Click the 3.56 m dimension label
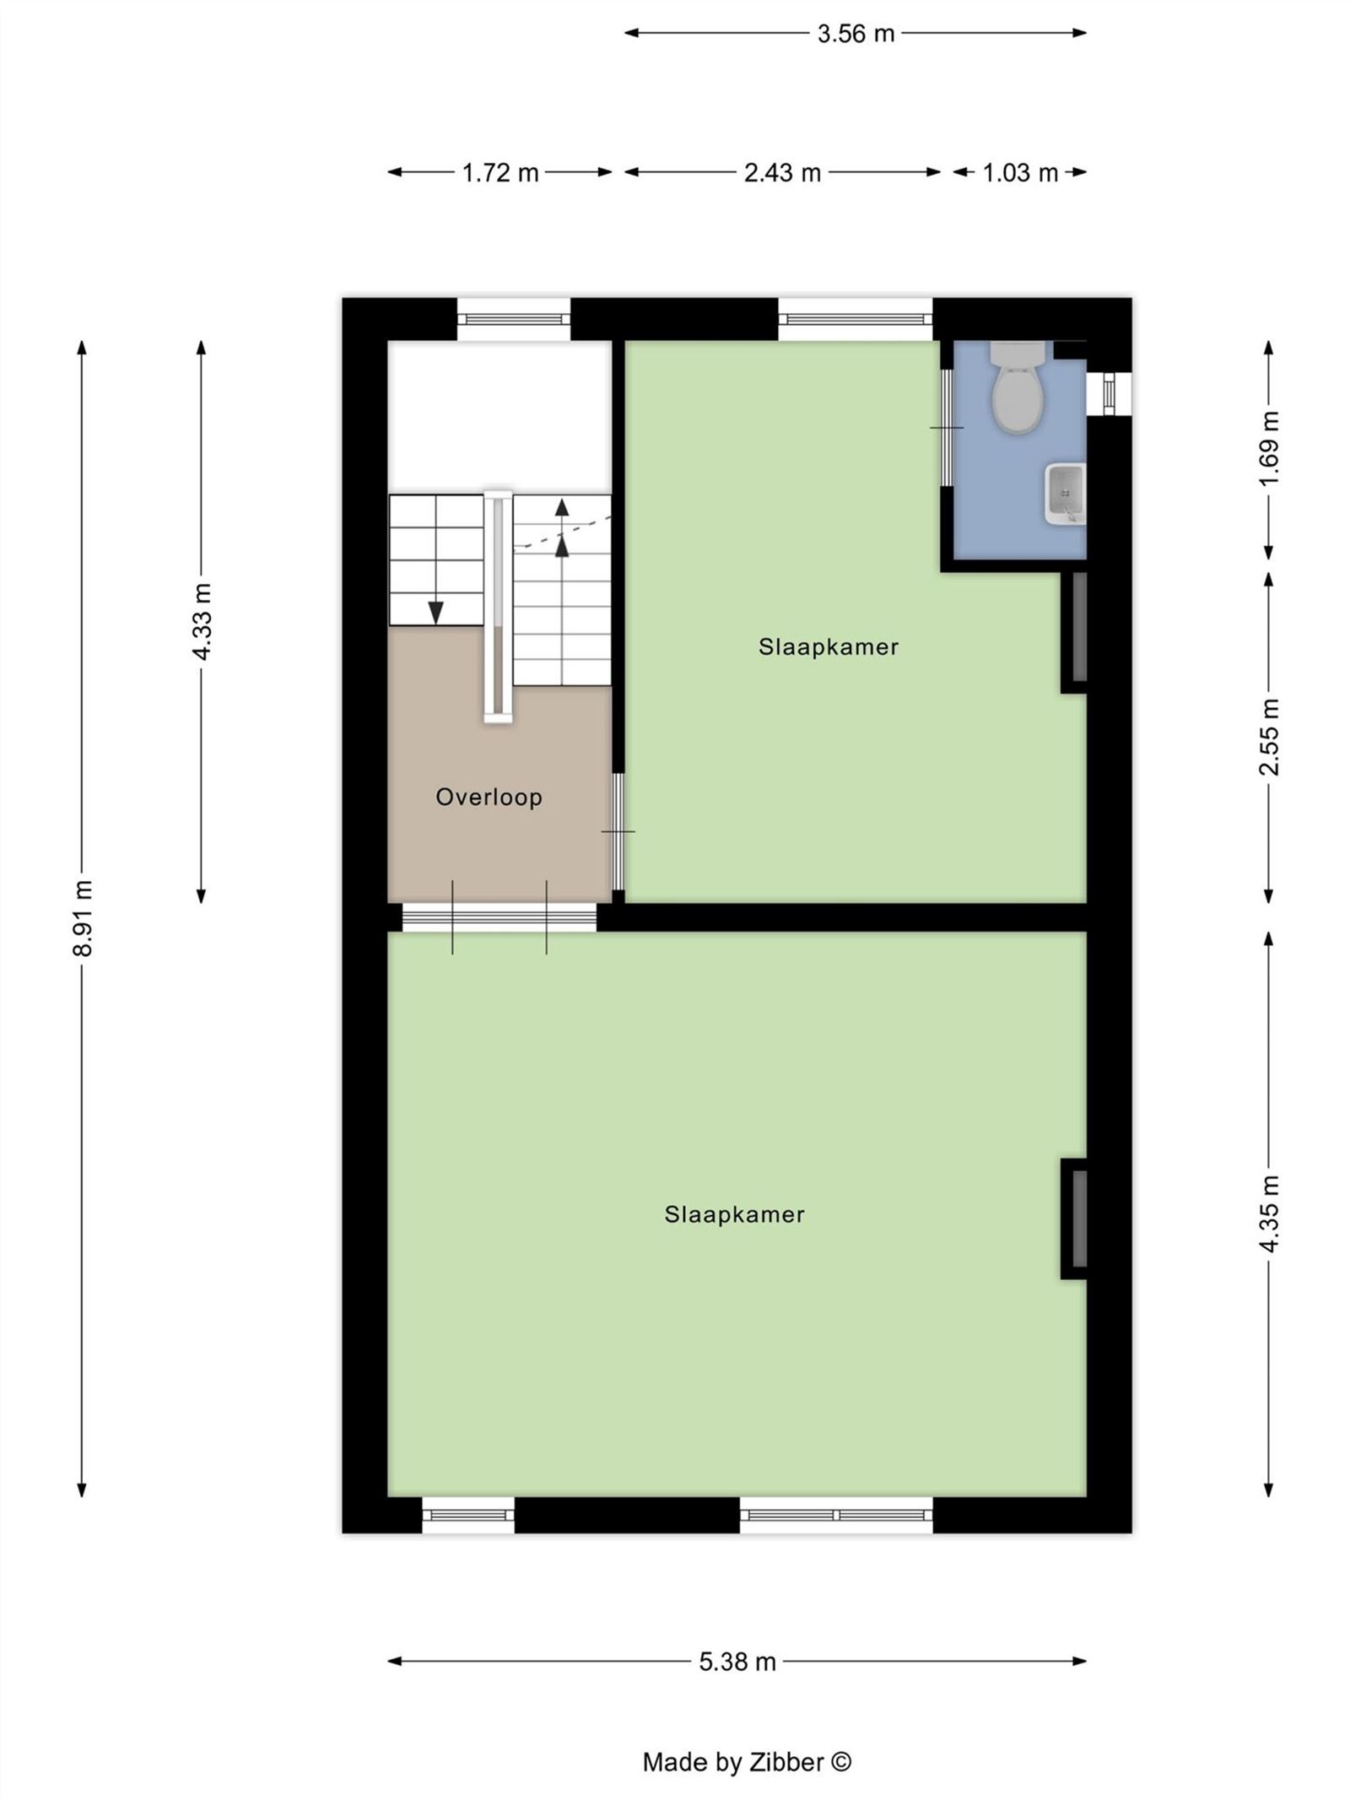click(855, 34)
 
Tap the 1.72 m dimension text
click(499, 173)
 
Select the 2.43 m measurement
click(782, 173)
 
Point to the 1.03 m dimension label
click(1019, 173)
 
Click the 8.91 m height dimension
click(83, 917)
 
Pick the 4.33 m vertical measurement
click(202, 621)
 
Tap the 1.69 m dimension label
click(1269, 448)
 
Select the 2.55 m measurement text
click(1269, 737)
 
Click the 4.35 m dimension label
click(1269, 1214)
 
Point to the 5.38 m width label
click(737, 1662)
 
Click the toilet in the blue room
click(1018, 386)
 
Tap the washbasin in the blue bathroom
click(1066, 494)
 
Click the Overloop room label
click(489, 797)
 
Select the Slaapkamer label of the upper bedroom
click(828, 647)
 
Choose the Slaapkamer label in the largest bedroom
click(734, 1214)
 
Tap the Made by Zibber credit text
click(747, 1762)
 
